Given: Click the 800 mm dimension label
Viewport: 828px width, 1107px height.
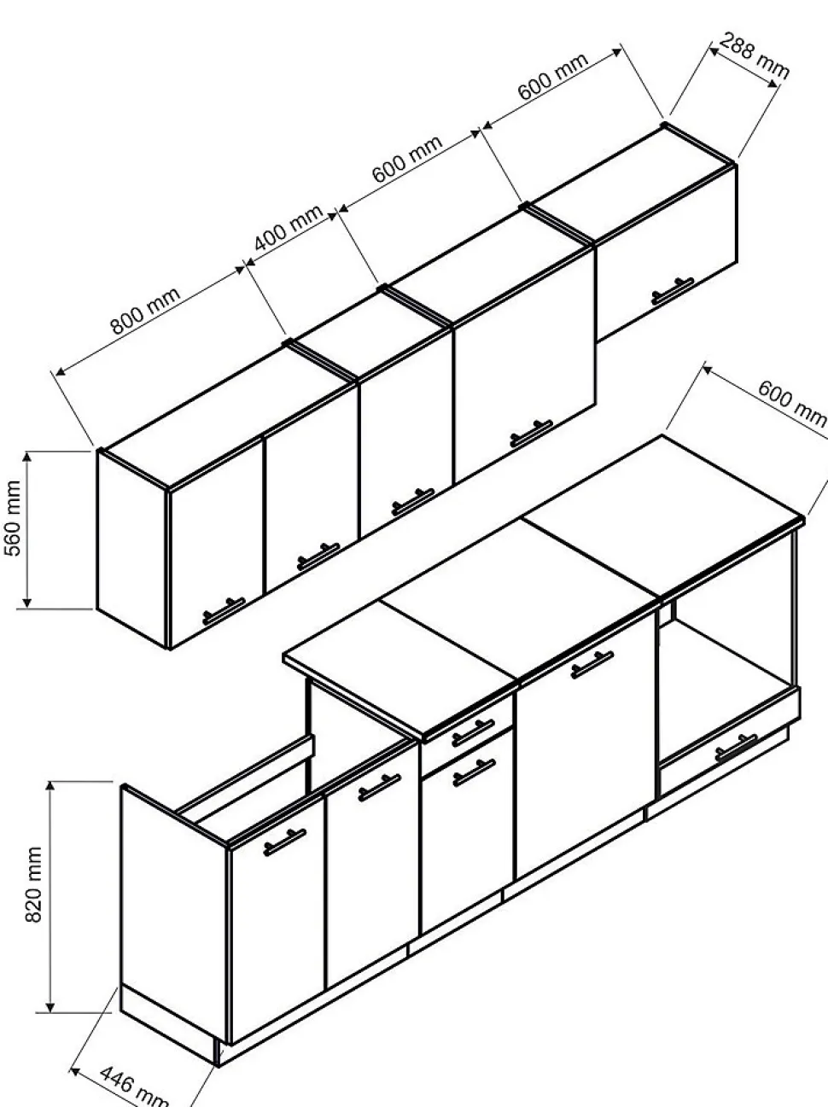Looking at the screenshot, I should coord(145,311).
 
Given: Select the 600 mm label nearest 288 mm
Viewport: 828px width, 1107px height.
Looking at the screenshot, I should coord(553,78).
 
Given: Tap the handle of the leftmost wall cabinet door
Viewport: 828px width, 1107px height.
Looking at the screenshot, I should coord(224,611).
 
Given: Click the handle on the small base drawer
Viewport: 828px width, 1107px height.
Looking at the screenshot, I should coord(472,731).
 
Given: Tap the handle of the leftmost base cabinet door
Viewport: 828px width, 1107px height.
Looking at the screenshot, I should coord(284,842).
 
